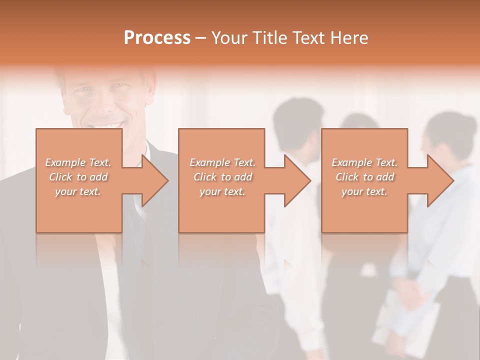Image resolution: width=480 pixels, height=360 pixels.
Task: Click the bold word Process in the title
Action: click(x=157, y=38)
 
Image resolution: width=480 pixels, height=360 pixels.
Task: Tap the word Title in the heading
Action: click(x=268, y=38)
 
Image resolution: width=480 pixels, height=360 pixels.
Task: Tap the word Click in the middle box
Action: click(x=204, y=177)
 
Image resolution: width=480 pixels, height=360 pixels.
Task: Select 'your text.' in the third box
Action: click(x=364, y=191)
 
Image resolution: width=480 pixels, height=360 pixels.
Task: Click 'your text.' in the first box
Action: click(x=78, y=191)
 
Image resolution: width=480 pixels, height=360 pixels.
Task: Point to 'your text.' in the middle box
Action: click(x=222, y=191)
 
